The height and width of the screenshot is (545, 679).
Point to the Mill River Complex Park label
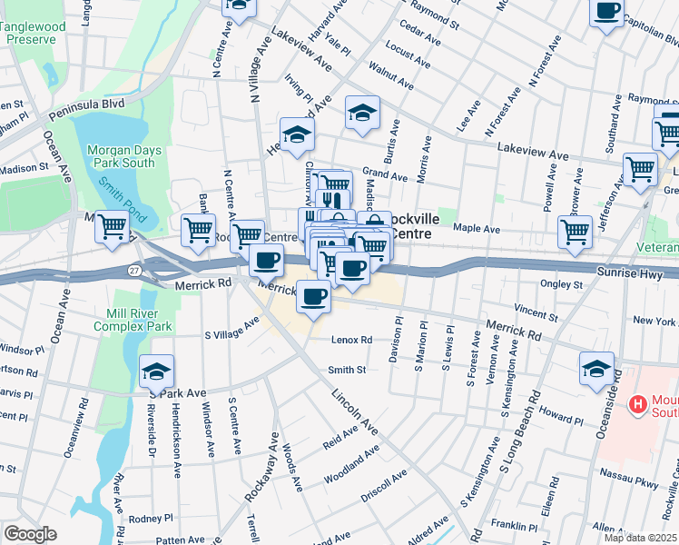[x=133, y=319]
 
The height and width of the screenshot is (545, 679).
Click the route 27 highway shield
[x=133, y=270]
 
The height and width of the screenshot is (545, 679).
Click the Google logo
[x=30, y=533]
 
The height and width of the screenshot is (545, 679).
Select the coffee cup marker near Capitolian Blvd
[x=606, y=12]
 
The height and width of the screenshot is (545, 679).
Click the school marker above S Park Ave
[x=156, y=371]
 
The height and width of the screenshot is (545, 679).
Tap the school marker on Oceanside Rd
[x=596, y=368]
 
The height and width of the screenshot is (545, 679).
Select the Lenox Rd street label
[x=352, y=341]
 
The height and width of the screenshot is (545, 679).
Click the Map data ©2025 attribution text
[x=638, y=537]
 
